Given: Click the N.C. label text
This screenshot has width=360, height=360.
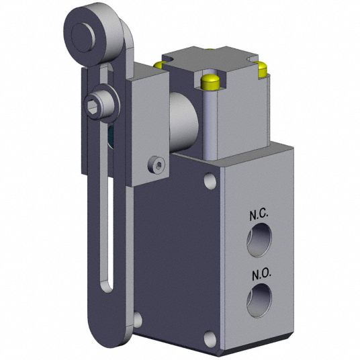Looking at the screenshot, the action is [x=259, y=215].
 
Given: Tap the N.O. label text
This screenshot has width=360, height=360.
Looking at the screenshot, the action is [x=262, y=275].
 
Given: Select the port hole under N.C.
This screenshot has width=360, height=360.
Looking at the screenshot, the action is [x=259, y=240].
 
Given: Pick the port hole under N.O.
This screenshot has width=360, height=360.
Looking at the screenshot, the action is [x=259, y=300].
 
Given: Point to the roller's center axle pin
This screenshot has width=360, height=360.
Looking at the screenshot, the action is [x=83, y=37].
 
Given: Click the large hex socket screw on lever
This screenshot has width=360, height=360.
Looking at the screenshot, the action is [x=99, y=105].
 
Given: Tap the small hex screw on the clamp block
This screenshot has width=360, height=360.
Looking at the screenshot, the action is [x=156, y=165].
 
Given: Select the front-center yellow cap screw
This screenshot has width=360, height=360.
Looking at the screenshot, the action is [x=210, y=82].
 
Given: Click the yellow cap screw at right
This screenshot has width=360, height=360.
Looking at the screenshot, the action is [x=263, y=69].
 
